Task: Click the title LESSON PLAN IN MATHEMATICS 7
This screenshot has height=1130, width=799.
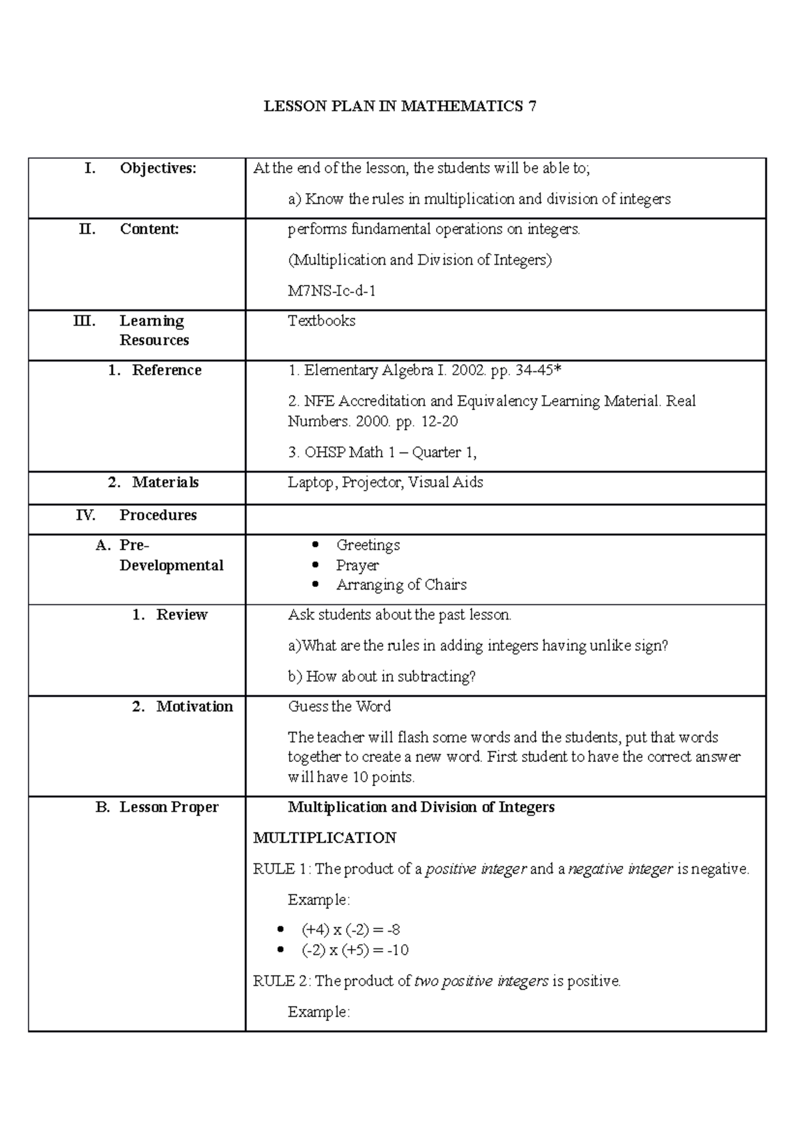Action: coord(400,106)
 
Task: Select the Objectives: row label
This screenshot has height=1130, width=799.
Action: coord(158,168)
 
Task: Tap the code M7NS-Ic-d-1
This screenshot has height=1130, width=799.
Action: coord(332,291)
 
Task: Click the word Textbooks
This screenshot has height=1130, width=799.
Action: coord(322,321)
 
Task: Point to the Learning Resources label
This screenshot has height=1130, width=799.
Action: coord(154,330)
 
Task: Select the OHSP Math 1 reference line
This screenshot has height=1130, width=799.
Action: coord(382,453)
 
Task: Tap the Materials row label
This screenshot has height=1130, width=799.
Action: coord(165,482)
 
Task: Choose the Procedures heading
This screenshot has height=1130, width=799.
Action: coord(158,515)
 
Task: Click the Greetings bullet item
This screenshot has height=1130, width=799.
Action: coord(368,545)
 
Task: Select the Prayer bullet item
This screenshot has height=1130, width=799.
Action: coord(357,565)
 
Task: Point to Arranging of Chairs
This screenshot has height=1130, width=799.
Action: coord(401,585)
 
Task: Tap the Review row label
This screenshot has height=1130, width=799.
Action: coord(182,615)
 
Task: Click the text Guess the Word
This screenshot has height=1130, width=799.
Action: coord(339,707)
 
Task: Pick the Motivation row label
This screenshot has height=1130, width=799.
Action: coord(194,707)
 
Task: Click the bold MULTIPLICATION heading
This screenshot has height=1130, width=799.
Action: coord(325,838)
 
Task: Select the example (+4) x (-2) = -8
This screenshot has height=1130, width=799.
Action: coord(351,930)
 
